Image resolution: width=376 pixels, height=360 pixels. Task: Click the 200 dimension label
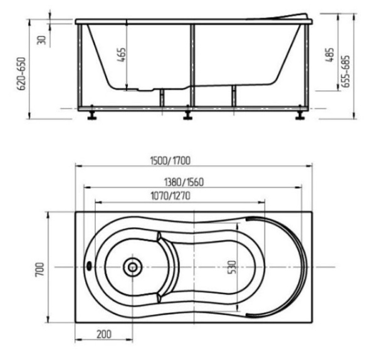[105, 335]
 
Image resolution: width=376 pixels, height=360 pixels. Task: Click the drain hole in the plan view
[132, 267]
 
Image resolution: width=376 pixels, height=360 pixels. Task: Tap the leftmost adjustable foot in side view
[92, 115]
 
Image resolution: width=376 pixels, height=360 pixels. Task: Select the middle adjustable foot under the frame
[187, 115]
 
